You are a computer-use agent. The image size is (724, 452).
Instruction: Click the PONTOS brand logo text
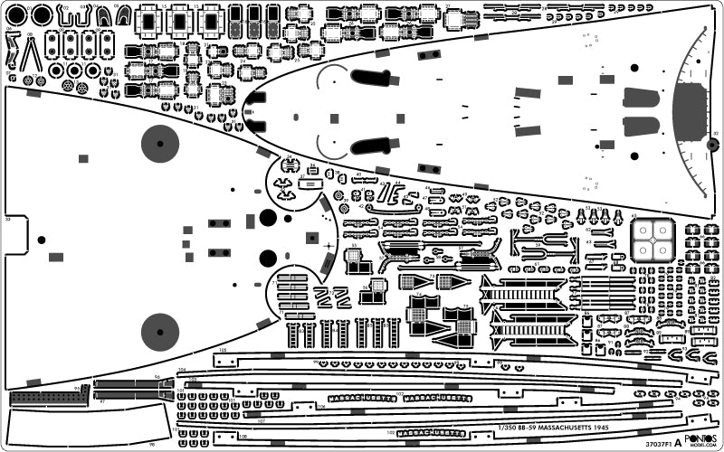[x=703, y=438]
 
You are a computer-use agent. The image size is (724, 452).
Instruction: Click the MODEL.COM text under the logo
[x=703, y=446]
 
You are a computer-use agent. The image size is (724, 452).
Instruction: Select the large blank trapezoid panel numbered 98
[x=86, y=425]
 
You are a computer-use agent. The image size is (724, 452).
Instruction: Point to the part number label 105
[x=222, y=348]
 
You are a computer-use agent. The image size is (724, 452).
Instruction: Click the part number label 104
[x=181, y=370]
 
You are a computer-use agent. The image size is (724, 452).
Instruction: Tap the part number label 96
[x=157, y=377]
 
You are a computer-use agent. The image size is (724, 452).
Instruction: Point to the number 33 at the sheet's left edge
[x=7, y=219]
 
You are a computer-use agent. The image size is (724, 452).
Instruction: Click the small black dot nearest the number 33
[x=41, y=240]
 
